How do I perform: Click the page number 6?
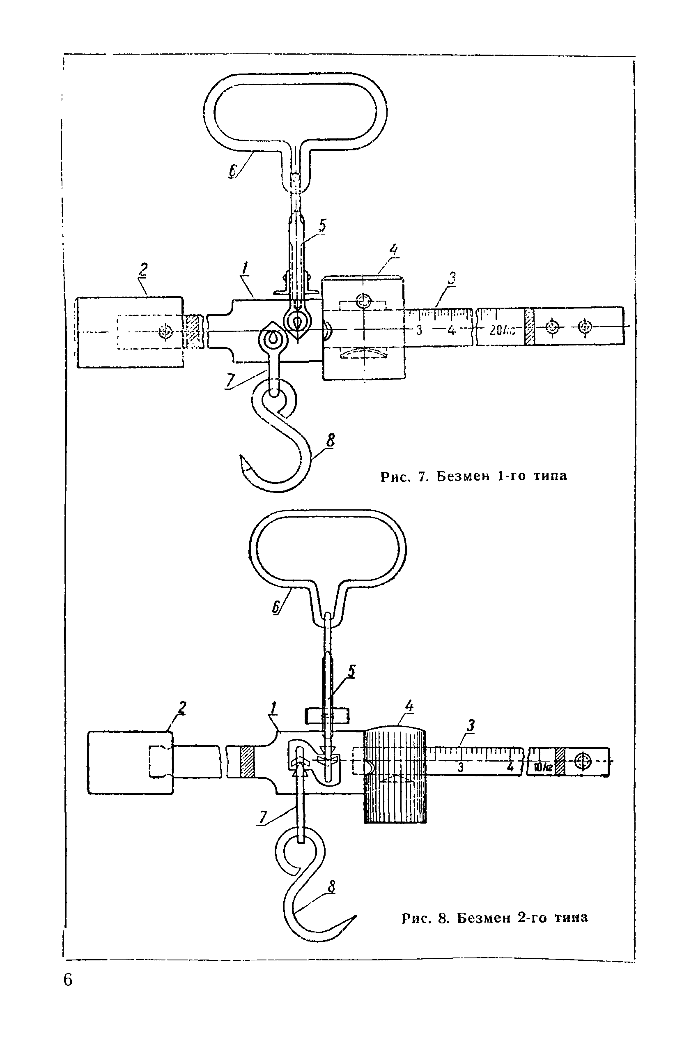coord(68,980)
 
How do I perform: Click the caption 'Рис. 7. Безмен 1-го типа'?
coord(474,476)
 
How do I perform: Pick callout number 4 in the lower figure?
coord(409,706)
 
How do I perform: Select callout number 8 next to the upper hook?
coord(330,440)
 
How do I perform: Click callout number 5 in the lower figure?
coord(352,671)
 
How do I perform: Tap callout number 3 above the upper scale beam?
coord(451,279)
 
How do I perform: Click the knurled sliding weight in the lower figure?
coord(395,774)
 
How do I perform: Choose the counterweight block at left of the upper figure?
coord(130,332)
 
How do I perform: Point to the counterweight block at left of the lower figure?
coord(131,762)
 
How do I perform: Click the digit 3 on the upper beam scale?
coord(419,330)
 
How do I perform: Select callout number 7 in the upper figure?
coord(230,380)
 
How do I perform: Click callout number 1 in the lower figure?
coord(273,708)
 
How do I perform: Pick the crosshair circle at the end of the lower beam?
coord(583,761)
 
